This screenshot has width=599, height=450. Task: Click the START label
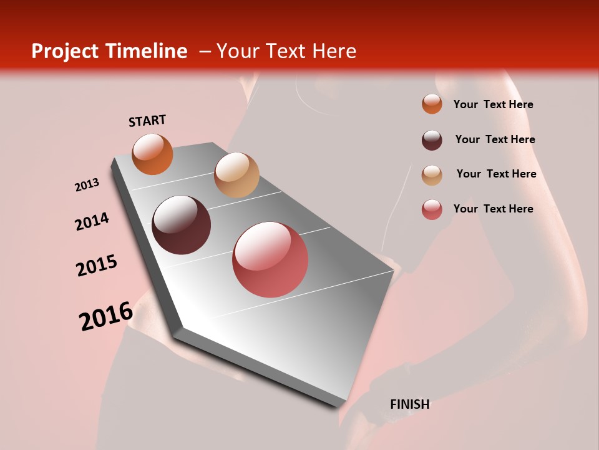point(147,121)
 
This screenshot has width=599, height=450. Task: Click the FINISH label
point(410,404)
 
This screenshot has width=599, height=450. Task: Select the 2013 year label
point(87,185)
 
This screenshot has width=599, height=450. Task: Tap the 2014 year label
point(92,221)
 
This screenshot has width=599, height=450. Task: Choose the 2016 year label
point(106,316)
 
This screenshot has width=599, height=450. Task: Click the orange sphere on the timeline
point(152,154)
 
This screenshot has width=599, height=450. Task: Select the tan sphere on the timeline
point(236,175)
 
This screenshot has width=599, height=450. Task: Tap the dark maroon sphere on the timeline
point(182,225)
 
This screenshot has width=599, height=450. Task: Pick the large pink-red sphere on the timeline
point(270,259)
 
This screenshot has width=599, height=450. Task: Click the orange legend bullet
point(432,104)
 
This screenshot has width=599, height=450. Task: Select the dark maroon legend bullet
point(432,140)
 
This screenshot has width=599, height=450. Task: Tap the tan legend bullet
point(432,175)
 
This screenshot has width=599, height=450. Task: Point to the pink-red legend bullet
point(432,209)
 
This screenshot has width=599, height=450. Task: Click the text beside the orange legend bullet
point(493,104)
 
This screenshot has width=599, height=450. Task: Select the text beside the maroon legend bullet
point(495,139)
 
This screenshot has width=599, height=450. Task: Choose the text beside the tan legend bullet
point(496,174)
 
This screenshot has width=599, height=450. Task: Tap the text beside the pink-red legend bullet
point(493,209)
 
